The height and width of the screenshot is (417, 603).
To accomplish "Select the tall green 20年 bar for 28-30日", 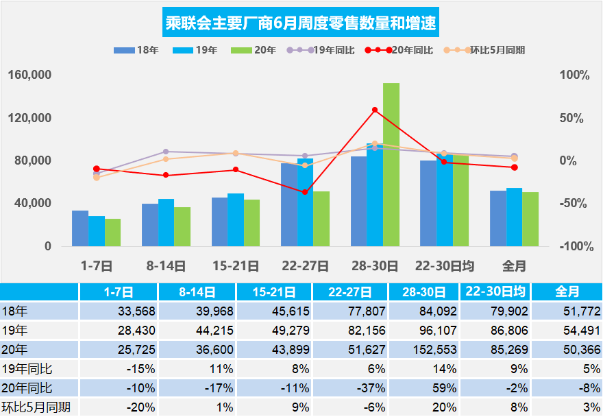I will coord(391,165).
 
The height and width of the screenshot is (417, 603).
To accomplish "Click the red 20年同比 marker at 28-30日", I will coord(375,110).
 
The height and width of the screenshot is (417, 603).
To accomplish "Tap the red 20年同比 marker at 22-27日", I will coord(305,192).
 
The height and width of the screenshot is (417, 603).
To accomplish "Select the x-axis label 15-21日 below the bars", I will coord(235,265).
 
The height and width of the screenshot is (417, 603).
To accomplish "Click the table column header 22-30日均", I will coord(495,291).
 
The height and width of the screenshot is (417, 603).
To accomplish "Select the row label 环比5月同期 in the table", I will coord(31,407).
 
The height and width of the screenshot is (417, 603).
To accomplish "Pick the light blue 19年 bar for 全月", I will coord(514,217).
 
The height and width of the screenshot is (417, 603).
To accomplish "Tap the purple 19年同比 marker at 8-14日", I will coord(166,152).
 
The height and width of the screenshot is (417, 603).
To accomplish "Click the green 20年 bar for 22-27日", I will coord(321,219).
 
